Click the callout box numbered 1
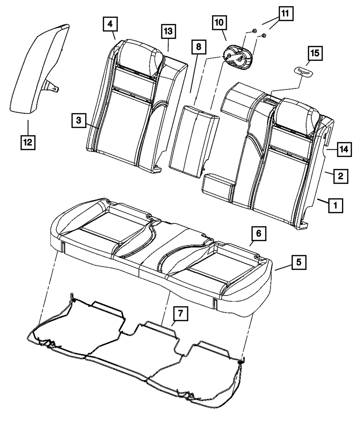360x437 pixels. tap(335, 206)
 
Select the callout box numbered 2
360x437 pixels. tap(340, 176)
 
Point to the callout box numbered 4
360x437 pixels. tap(109, 24)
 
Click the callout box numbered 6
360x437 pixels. tap(258, 235)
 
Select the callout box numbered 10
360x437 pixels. tap(219, 22)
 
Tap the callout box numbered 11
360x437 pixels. tap(285, 14)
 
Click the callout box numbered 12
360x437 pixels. tap(27, 142)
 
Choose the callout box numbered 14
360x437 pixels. tap(344, 149)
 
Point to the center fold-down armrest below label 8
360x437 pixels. tap(192, 140)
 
